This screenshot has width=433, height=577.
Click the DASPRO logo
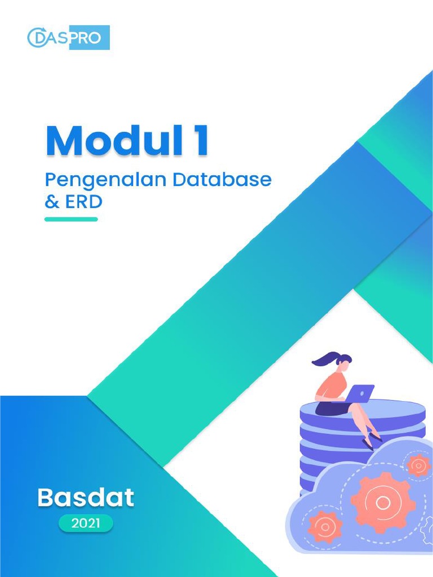coord(68,38)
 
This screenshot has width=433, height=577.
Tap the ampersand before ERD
coord(52,202)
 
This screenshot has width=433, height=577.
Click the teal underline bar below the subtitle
coord(71,219)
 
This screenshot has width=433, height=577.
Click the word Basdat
coord(86,497)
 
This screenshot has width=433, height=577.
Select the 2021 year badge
coord(86,523)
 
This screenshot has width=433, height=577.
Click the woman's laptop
coord(360,393)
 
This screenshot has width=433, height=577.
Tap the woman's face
coord(343,366)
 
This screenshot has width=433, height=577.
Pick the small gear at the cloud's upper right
coord(418,465)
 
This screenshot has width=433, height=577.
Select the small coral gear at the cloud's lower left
coord(325,527)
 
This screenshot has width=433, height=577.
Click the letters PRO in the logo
coord(89,38)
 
